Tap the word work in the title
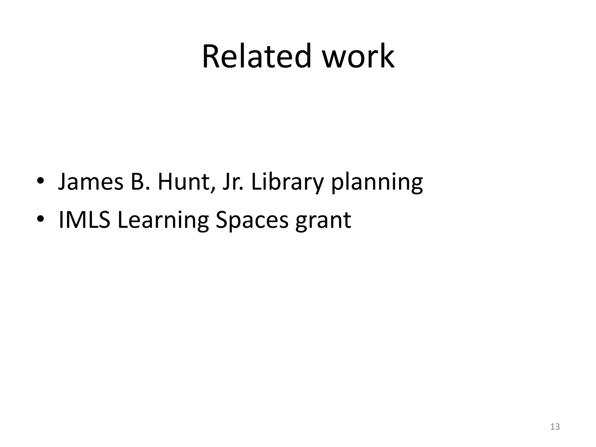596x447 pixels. point(358,56)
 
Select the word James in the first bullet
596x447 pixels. point(91,182)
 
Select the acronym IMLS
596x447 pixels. point(84,220)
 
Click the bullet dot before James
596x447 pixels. point(40,180)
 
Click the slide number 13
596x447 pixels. point(555,427)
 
